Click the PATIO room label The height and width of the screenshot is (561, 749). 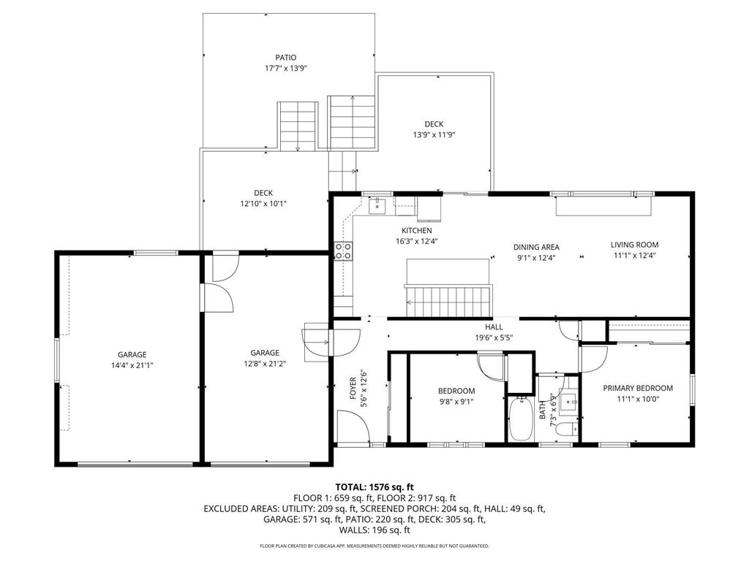[286, 58]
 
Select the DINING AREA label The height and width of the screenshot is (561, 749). [536, 247]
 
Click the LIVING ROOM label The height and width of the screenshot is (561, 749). [634, 245]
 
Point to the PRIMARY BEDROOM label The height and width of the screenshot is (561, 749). [637, 389]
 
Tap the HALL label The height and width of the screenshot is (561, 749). [494, 328]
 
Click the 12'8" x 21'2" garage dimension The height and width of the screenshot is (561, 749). [265, 363]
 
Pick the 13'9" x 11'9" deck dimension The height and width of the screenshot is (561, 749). [434, 134]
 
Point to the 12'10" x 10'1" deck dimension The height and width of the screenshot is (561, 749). [263, 204]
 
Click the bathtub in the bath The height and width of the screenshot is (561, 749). [520, 419]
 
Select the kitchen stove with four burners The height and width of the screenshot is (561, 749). [343, 251]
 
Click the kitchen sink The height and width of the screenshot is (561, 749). [377, 205]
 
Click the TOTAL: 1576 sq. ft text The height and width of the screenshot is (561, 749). [374, 486]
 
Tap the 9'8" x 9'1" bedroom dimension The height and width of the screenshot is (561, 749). [456, 400]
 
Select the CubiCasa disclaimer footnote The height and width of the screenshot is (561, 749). [374, 546]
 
